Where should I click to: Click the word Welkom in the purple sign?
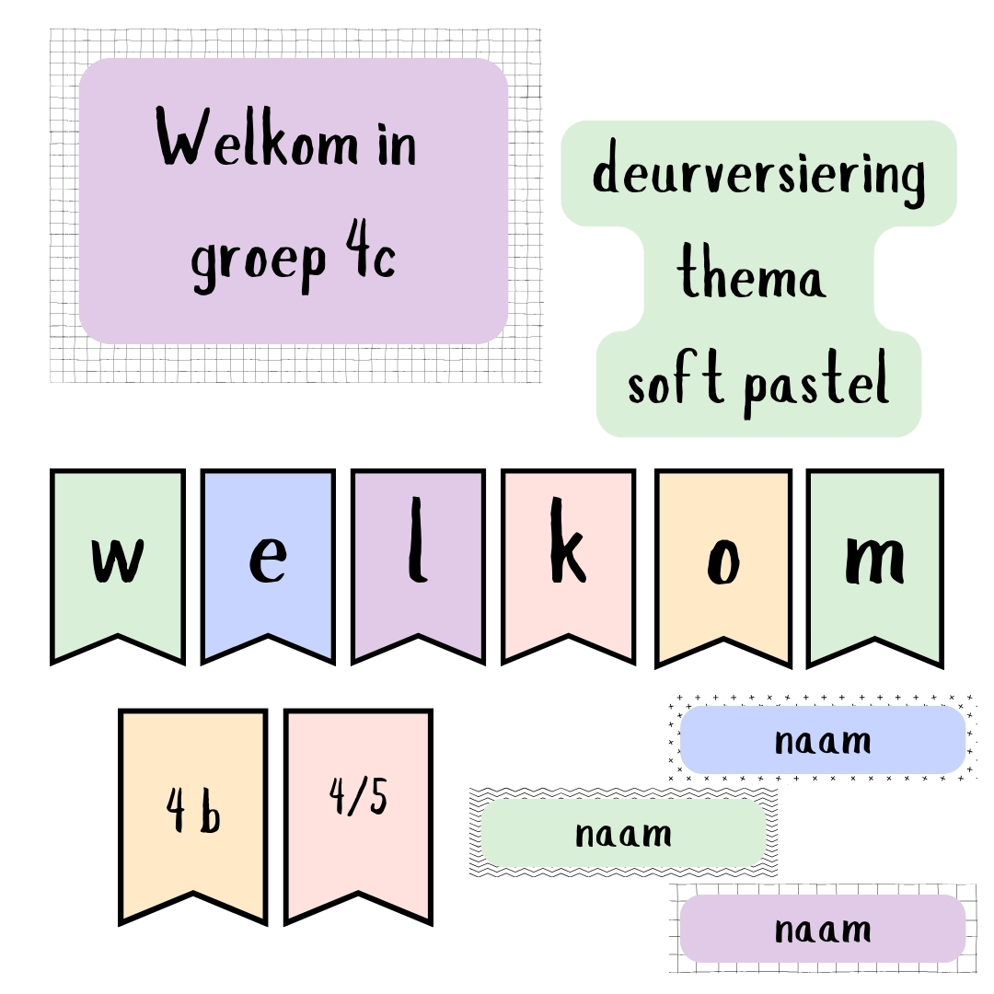pos(258,136)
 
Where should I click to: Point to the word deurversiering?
pos(758,172)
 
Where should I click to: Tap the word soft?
pos(676,378)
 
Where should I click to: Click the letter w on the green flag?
pos(118,560)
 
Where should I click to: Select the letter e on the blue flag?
pos(268,560)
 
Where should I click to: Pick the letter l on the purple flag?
pos(417,539)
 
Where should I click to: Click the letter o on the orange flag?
pos(723,561)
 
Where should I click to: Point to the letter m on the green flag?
pos(875,560)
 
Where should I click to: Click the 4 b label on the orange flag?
pos(193,810)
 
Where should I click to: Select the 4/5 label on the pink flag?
pos(358,796)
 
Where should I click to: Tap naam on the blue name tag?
pos(823,741)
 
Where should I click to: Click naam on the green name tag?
pos(623,834)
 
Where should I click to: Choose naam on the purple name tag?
pos(823,930)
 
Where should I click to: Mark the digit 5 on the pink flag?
pos(378,796)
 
